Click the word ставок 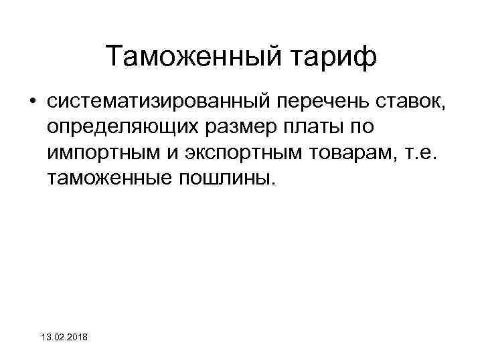click(408, 102)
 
